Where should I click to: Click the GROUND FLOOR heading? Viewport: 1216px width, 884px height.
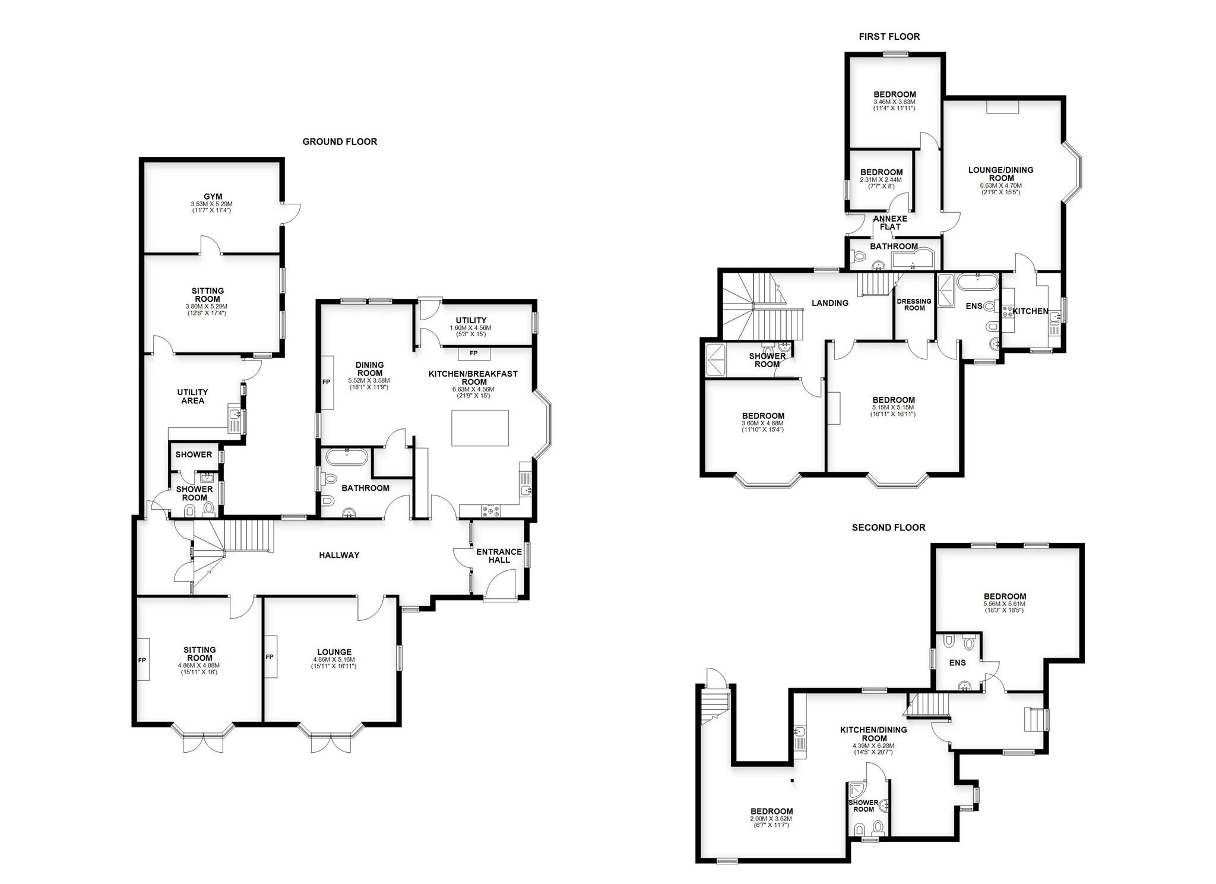(x=340, y=141)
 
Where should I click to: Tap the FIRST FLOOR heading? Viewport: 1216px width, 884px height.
(x=889, y=37)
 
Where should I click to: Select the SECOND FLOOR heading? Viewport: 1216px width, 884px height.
(x=888, y=528)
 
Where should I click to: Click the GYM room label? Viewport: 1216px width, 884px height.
(x=213, y=197)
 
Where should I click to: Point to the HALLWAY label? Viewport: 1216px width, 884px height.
(x=339, y=555)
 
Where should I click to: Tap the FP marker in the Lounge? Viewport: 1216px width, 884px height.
(x=270, y=656)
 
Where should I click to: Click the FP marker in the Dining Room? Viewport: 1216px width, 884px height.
(x=326, y=382)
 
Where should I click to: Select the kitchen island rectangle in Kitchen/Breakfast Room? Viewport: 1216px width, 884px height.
(x=480, y=428)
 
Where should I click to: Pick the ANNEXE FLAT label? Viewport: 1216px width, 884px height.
(x=890, y=222)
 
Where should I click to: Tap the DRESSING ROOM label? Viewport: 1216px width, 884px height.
(x=914, y=304)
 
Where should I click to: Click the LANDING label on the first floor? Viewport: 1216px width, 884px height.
(x=830, y=303)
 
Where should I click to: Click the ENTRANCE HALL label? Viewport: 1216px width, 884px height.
(x=499, y=555)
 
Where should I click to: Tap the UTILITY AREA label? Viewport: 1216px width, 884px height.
(x=192, y=396)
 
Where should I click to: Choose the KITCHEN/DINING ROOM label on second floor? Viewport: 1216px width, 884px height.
(x=873, y=734)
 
